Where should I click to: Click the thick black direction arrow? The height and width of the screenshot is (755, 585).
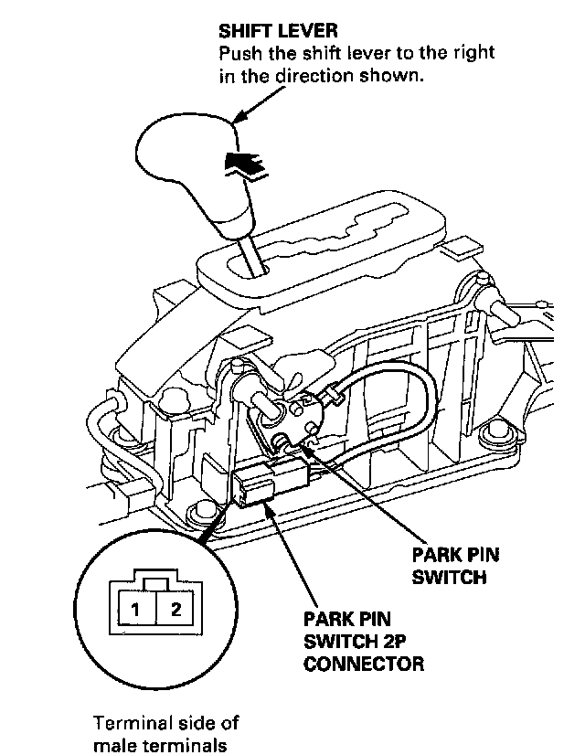244,164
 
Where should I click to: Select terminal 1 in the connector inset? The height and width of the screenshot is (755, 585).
133,609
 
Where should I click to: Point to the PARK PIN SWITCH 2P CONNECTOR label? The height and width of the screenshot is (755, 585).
363,640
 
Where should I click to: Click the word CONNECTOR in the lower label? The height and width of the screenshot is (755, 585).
363,663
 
